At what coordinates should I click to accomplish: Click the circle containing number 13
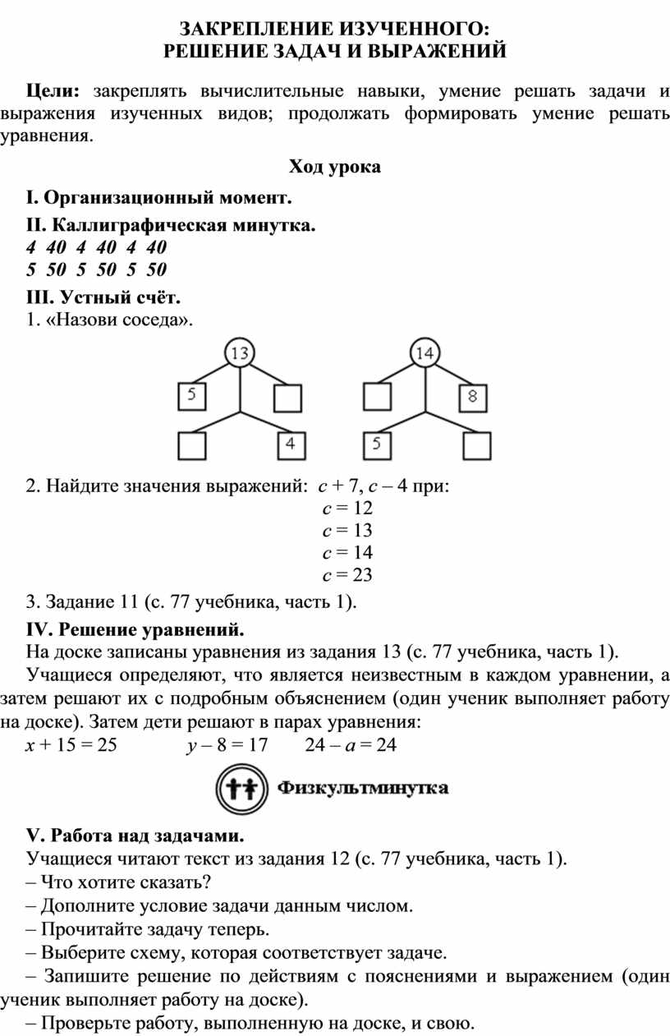[x=239, y=353]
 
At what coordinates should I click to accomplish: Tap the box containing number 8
[x=473, y=398]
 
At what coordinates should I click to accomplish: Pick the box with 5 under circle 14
[x=377, y=445]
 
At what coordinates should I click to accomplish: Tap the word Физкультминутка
[x=363, y=789]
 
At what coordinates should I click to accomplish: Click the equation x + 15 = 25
[x=72, y=745]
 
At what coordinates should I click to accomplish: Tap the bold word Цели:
[x=53, y=90]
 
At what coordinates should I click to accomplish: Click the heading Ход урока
[x=334, y=168]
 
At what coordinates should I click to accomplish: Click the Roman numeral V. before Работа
[x=34, y=836]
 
